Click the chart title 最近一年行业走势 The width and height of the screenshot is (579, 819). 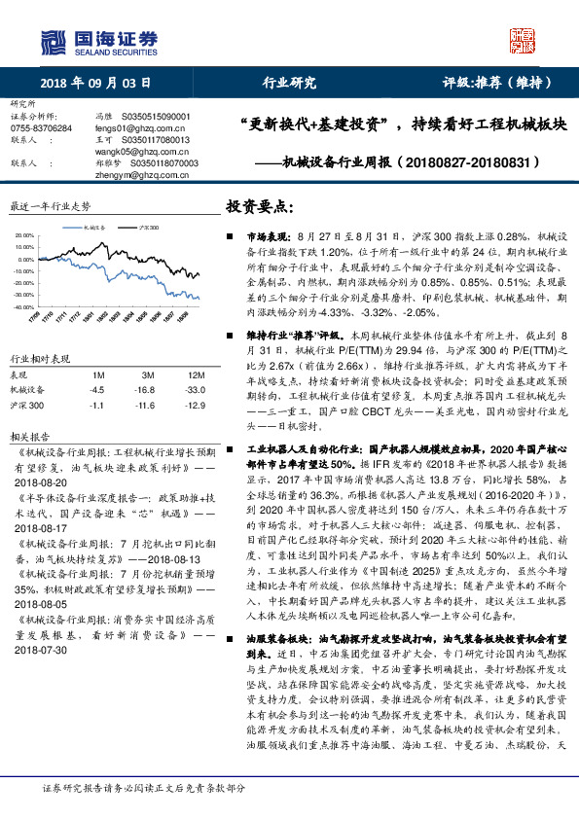[x=51, y=206]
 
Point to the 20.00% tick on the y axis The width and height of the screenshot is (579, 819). [x=23, y=236]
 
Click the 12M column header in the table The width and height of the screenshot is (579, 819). [x=196, y=374]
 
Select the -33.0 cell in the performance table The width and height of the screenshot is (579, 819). [x=196, y=390]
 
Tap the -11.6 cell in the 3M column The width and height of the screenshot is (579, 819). [x=148, y=405]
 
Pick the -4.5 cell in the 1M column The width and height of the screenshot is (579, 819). [x=97, y=390]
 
